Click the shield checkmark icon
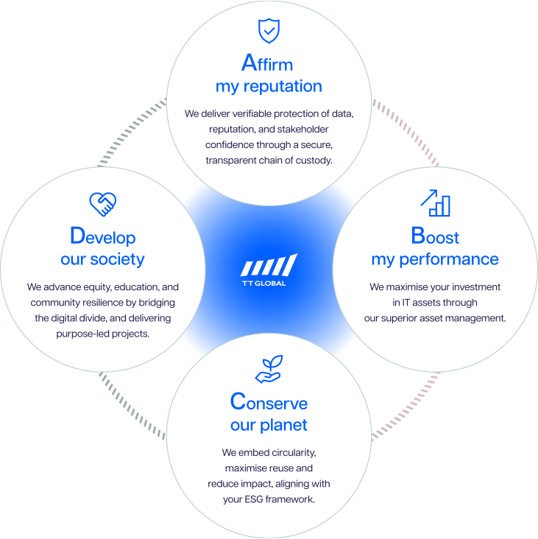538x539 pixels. (269, 31)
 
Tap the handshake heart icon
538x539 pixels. (103, 204)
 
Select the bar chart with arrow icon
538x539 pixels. (434, 202)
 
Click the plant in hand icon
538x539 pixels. (269, 370)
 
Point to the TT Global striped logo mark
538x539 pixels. (269, 265)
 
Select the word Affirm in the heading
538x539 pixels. (266, 63)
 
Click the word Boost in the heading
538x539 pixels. (434, 236)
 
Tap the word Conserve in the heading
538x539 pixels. (269, 402)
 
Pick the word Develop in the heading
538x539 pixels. (102, 236)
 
